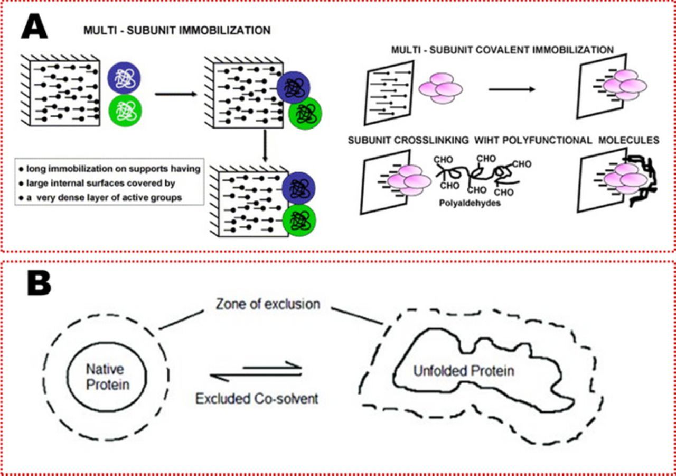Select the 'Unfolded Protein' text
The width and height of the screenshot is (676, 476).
coord(464,370)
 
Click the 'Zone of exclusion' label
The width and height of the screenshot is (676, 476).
coord(268,304)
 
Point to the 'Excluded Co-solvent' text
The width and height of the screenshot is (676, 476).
coord(257,398)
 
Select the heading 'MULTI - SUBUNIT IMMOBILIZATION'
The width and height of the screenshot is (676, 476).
coord(177,30)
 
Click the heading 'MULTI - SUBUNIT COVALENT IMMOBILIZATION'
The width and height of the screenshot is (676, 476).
coord(502,50)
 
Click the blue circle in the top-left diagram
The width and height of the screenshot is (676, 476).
coord(123,77)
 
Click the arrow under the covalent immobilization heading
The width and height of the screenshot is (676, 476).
coord(511,89)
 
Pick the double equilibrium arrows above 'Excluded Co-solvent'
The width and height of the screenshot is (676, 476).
coord(257,372)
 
